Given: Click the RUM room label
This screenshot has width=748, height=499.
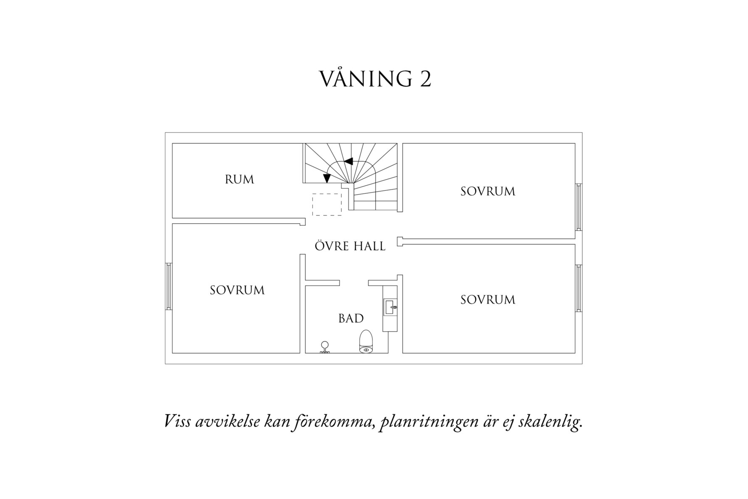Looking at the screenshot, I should tap(240, 180).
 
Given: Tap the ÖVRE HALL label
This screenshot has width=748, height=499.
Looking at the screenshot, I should tap(350, 246).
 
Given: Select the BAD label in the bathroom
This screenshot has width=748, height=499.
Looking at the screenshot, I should tap(351, 319).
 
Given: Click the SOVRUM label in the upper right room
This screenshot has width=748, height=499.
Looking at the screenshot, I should tap(487, 191).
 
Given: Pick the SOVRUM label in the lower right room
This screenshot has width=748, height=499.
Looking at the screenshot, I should tap(487, 300).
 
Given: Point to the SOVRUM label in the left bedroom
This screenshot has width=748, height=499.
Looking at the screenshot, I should tap(237, 290).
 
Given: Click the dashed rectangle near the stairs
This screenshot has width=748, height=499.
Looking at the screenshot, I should tap(327, 205).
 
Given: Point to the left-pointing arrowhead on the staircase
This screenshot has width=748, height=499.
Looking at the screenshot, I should tap(348, 161).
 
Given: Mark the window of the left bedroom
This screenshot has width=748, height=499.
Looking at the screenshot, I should tap(169, 286).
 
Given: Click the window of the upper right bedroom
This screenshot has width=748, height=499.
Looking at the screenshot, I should tap(579, 207).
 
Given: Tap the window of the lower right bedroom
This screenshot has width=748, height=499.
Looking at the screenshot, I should tap(579, 288).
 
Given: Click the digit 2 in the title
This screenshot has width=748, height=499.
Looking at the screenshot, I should tap(425, 79).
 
